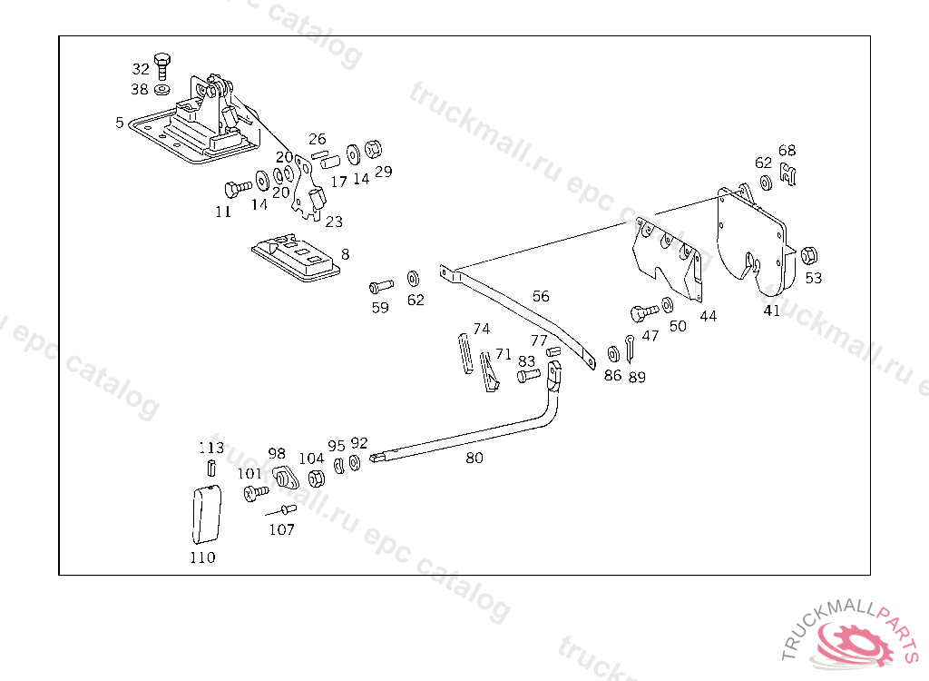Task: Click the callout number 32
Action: click(141, 69)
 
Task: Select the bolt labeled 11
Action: click(237, 188)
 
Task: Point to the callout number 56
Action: click(541, 296)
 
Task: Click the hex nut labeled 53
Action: click(811, 253)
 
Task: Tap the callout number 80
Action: click(474, 459)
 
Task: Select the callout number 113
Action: click(210, 448)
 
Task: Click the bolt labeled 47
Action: click(643, 312)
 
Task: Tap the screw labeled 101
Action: click(255, 493)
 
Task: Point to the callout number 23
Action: click(334, 222)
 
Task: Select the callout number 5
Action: click(120, 122)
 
